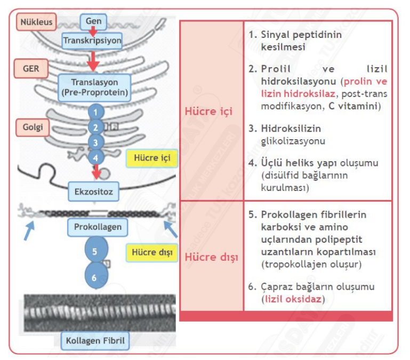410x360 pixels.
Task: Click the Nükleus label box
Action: (36, 22)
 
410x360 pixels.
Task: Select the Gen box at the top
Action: (94, 21)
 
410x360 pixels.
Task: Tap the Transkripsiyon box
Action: (93, 40)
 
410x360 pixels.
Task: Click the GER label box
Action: (31, 68)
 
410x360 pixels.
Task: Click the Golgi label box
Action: (33, 127)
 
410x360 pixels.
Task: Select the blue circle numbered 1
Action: (95, 112)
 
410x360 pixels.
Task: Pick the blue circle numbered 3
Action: (95, 142)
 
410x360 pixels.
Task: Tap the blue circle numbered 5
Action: (95, 250)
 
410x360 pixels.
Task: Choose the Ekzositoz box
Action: (94, 190)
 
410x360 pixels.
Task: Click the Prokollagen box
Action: (98, 227)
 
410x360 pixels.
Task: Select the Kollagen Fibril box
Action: (95, 340)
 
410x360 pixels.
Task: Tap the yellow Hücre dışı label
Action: (152, 252)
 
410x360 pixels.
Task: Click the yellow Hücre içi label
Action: (152, 158)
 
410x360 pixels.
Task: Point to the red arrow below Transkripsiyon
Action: (93, 61)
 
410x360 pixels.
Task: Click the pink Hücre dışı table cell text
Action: (212, 257)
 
